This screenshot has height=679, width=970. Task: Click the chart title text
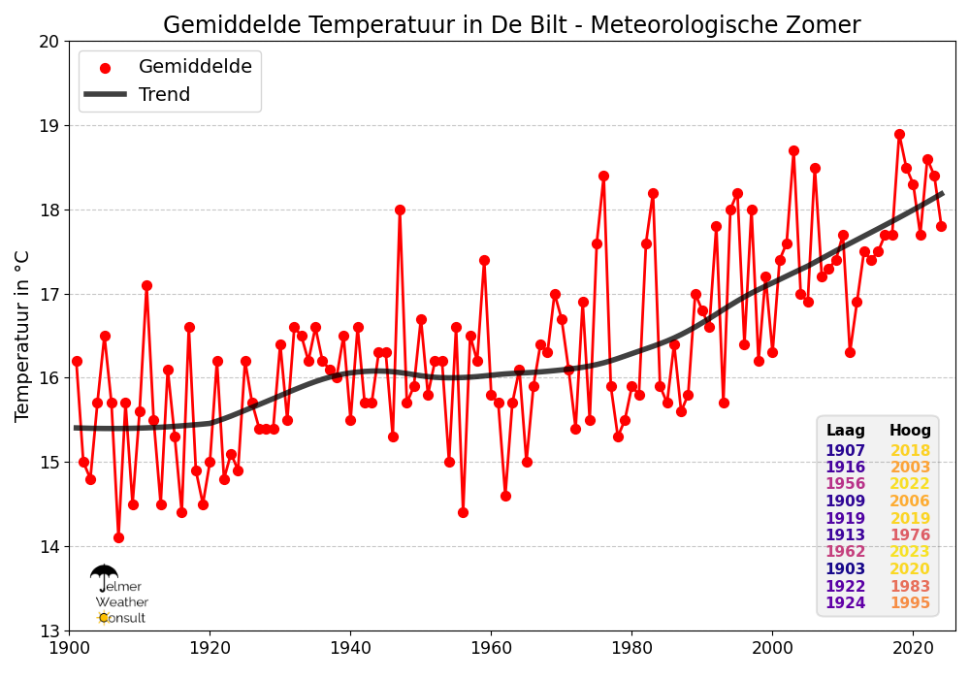tap(511, 25)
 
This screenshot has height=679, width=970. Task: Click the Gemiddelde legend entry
tap(195, 67)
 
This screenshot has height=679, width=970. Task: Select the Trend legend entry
tap(164, 95)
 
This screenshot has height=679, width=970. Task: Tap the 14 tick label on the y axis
tap(48, 547)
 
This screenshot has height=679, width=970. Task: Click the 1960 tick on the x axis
tap(491, 646)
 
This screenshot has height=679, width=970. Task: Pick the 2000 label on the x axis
tap(772, 646)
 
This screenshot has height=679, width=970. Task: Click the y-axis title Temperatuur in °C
tap(23, 336)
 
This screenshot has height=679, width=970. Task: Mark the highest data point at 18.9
tap(899, 135)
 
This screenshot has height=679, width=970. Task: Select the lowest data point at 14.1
tap(118, 537)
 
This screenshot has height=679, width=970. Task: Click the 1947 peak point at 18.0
tap(400, 210)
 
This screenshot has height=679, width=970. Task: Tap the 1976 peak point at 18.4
tap(603, 176)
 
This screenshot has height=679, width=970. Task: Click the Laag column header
tap(845, 431)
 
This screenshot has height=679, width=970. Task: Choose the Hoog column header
tap(910, 431)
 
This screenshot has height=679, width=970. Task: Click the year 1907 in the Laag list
tap(845, 451)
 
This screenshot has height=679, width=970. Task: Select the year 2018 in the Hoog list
tap(910, 451)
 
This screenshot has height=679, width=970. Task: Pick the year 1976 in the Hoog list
tap(910, 535)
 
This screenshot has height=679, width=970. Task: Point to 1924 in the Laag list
tap(845, 603)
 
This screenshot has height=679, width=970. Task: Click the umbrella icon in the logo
tap(104, 577)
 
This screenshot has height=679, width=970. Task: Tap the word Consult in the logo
tap(122, 618)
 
